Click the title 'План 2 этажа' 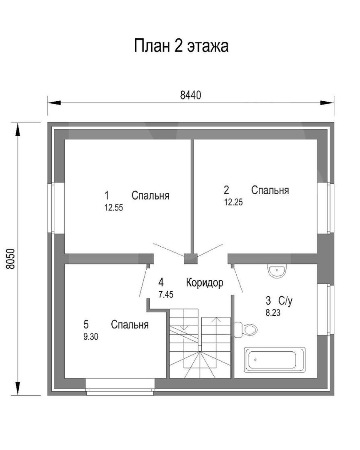pyautogui.click(x=181, y=46)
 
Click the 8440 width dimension pyautogui.click(x=190, y=95)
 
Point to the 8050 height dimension pyautogui.click(x=10, y=259)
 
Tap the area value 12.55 pyautogui.click(x=114, y=207)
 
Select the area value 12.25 pyautogui.click(x=233, y=202)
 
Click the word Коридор pyautogui.click(x=205, y=282)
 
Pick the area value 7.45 pyautogui.click(x=166, y=295)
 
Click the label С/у pyautogui.click(x=285, y=301)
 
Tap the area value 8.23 pyautogui.click(x=273, y=312)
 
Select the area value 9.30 pyautogui.click(x=91, y=337)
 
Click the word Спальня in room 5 pyautogui.click(x=130, y=325)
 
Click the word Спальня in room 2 pyautogui.click(x=270, y=190)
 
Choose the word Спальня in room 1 pyautogui.click(x=150, y=195)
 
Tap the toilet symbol pyautogui.click(x=245, y=330)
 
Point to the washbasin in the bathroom pyautogui.click(x=277, y=271)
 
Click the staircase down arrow pyautogui.click(x=184, y=319)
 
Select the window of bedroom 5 pyautogui.click(x=120, y=387)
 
